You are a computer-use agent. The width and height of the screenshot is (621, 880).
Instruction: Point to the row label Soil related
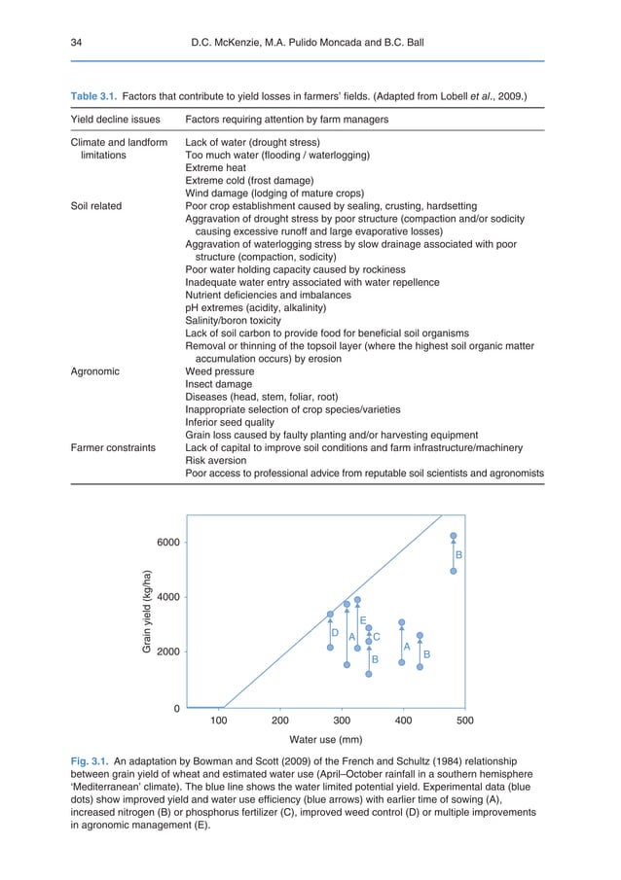(x=101, y=206)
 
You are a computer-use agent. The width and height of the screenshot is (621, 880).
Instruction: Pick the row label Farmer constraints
(x=116, y=447)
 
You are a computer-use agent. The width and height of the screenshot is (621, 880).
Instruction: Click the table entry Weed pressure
(x=220, y=370)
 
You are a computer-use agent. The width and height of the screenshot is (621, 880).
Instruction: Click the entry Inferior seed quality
(x=232, y=422)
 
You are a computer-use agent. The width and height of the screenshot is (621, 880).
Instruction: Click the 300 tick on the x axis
(x=342, y=722)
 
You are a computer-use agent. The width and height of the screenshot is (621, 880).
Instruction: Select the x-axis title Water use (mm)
(x=342, y=739)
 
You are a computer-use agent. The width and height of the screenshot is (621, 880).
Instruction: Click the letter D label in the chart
(x=334, y=632)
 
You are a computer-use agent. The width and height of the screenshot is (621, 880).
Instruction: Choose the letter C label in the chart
(x=377, y=637)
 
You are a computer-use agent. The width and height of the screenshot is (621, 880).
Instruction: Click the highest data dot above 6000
(x=454, y=536)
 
